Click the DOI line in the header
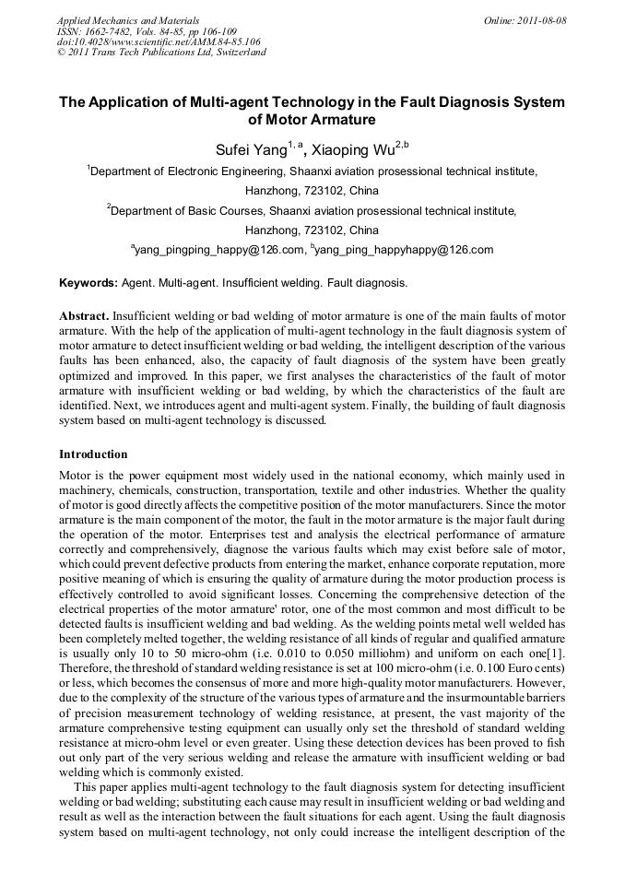point(159,41)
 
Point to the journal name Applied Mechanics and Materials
point(128,19)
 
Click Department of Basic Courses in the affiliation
point(192,210)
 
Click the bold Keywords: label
point(88,282)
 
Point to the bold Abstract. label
point(86,314)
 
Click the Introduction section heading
point(93,454)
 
